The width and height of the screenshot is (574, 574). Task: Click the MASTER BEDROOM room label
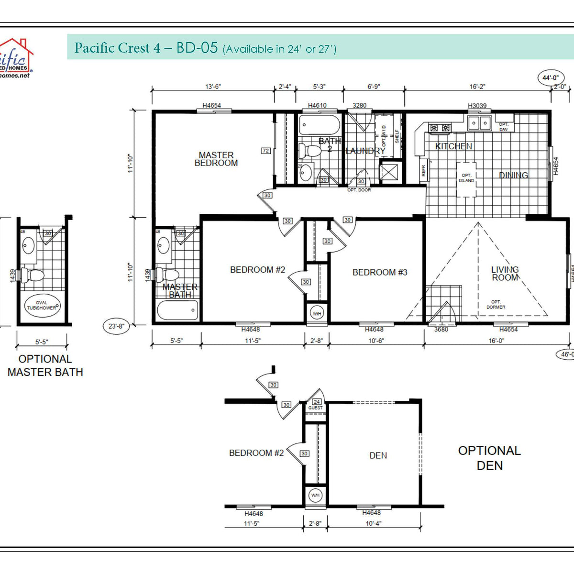[x=216, y=159]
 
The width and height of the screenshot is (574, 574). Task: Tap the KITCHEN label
[x=453, y=146]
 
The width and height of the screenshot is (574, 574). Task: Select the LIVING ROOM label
[x=505, y=274]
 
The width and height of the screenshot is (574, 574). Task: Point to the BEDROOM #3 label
[x=380, y=272]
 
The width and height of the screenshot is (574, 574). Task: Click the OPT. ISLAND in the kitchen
[x=466, y=178]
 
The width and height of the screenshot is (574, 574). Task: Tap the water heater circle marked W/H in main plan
[x=317, y=314]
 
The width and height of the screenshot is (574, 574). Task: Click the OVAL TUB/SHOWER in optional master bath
[x=42, y=306]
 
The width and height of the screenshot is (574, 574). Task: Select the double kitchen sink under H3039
[x=479, y=123]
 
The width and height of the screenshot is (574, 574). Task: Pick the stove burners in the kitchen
[x=440, y=128]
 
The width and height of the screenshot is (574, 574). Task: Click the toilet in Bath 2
[x=310, y=151]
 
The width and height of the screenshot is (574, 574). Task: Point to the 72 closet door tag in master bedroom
[x=266, y=151]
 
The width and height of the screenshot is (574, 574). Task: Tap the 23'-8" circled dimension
[x=116, y=326]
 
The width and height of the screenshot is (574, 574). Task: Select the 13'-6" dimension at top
[x=213, y=87]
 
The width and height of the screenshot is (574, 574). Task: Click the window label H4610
[x=317, y=105]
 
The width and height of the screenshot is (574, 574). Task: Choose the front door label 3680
[x=441, y=329]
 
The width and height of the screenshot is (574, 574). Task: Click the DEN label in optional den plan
[x=378, y=455]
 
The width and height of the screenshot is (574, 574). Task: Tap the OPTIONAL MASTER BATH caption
[x=45, y=365]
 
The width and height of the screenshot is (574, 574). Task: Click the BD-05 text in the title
[x=197, y=48]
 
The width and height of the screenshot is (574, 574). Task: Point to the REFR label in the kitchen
[x=423, y=171]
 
